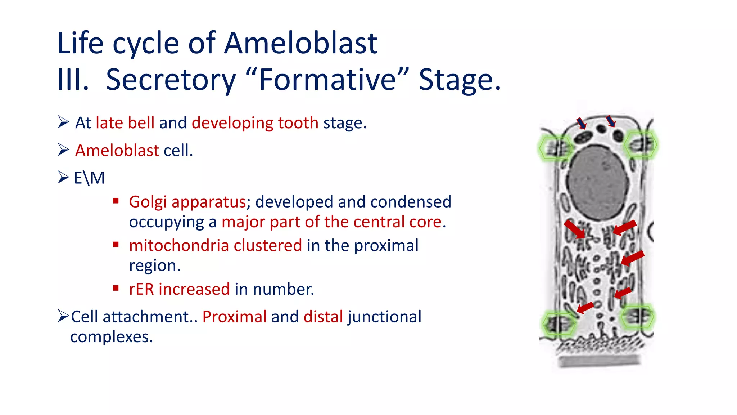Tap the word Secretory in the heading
coord(171,80)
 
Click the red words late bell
coord(125,123)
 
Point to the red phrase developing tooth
coord(255,123)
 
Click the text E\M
coord(89,178)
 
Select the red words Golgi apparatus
coord(187,202)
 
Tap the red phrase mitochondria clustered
coord(215,245)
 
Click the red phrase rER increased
coord(179,289)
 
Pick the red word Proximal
coord(234,317)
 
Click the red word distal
coord(323,317)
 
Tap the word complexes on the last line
coord(112,337)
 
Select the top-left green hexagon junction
coord(555,148)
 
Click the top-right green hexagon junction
coord(641,144)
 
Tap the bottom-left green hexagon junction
coord(558,324)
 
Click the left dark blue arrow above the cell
coord(582,123)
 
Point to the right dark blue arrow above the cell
coord(611,121)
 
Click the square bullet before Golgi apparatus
coord(116,201)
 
